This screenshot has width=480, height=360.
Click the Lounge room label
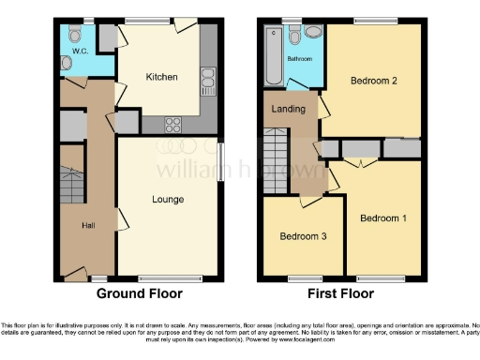coord(169,199)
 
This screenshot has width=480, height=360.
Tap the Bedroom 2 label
coord(374,82)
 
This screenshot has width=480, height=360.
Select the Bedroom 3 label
coord(304,236)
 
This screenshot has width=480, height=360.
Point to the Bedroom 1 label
coord(384,218)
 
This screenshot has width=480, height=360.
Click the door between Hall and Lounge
coord(120,219)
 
